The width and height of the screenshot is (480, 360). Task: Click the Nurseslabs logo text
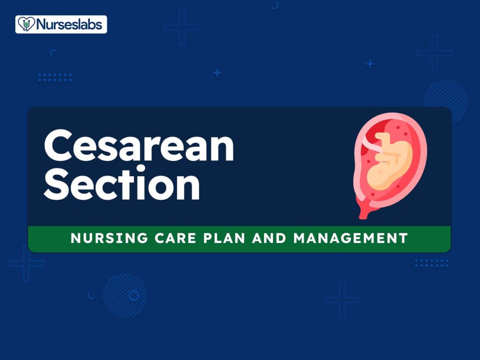[x=69, y=24]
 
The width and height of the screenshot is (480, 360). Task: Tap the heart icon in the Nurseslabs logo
[x=27, y=24]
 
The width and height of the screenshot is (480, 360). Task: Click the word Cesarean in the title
[x=139, y=146]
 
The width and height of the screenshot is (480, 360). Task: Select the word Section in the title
[x=122, y=182]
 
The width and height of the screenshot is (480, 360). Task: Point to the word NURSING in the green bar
[x=109, y=238]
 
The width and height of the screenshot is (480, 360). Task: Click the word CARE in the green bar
[x=175, y=238]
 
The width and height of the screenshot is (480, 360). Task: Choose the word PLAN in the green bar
[x=224, y=238]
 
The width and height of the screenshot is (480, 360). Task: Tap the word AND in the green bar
[x=269, y=238]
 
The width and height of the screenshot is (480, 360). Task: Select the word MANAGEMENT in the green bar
[x=351, y=238]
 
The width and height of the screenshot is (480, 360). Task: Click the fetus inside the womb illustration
[x=389, y=161]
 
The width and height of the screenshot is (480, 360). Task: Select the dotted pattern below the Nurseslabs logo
[x=55, y=77]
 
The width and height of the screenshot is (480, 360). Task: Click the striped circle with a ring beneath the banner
[x=125, y=295]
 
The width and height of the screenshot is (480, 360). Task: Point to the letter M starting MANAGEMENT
[x=301, y=238]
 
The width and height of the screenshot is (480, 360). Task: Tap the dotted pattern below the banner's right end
[x=432, y=263]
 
